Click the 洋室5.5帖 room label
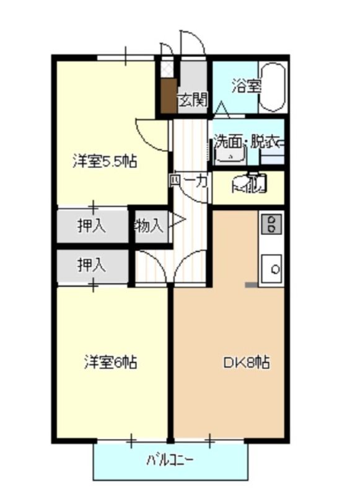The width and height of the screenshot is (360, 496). pos(105,162)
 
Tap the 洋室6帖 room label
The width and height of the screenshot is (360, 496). pos(110,362)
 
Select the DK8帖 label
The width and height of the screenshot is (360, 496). pos(246,362)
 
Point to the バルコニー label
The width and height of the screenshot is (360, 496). pos(170,460)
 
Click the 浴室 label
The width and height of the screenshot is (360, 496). pos(246,87)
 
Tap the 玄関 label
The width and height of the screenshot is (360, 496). pos(193,99)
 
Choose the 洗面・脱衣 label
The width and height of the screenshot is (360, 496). pos(248,141)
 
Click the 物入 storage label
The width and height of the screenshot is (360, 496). pos(149,226)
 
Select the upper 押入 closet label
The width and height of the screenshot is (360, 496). pos(92,226)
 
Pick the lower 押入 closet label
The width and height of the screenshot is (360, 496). pos(92,265)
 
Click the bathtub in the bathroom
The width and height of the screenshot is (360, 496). pos(273,87)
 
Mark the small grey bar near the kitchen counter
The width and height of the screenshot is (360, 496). pos(252,285)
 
